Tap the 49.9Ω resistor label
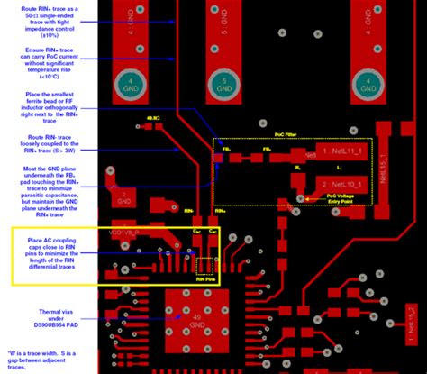(152, 118)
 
